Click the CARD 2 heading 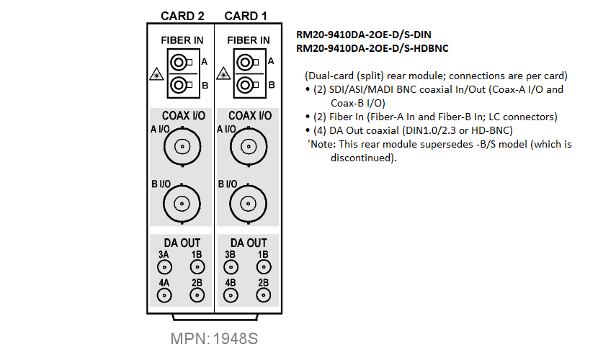click(x=182, y=16)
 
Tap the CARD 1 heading click(x=246, y=16)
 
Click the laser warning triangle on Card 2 click(x=156, y=74)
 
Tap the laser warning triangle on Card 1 click(x=223, y=73)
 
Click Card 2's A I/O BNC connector click(x=182, y=147)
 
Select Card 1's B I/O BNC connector click(x=248, y=204)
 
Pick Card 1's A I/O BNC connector click(x=249, y=147)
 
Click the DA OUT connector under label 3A click(x=164, y=267)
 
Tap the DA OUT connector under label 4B click(x=231, y=295)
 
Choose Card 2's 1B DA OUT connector click(x=197, y=267)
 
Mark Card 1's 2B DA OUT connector click(x=264, y=295)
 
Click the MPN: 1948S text click(x=214, y=339)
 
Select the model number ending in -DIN click(x=363, y=35)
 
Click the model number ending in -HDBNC click(x=372, y=48)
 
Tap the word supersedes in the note click(x=446, y=145)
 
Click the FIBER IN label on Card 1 click(x=249, y=40)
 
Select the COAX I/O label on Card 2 click(x=184, y=116)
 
